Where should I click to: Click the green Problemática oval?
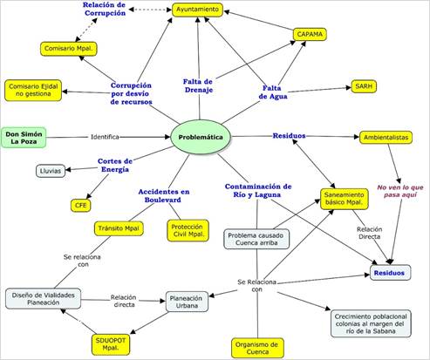(x=201, y=137)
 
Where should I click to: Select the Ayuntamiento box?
(x=197, y=10)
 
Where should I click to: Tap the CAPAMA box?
(x=310, y=34)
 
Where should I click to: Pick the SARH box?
(x=364, y=86)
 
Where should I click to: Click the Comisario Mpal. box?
(x=69, y=49)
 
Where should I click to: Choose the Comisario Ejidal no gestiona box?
(x=33, y=90)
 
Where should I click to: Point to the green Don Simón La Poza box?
(x=24, y=138)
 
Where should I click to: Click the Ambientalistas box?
(x=386, y=138)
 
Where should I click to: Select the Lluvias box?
(x=51, y=171)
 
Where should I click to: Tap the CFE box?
(x=81, y=206)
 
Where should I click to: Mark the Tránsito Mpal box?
(x=119, y=228)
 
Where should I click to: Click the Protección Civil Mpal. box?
(x=188, y=230)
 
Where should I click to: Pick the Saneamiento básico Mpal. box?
(x=345, y=199)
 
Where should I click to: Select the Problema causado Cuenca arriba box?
(x=256, y=239)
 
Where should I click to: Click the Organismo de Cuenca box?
(x=257, y=348)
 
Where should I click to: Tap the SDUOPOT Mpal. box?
(x=111, y=344)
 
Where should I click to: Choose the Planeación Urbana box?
(x=187, y=302)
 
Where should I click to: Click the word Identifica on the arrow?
(x=105, y=137)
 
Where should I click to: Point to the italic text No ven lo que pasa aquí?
(x=400, y=191)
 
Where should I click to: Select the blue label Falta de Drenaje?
(x=198, y=85)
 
